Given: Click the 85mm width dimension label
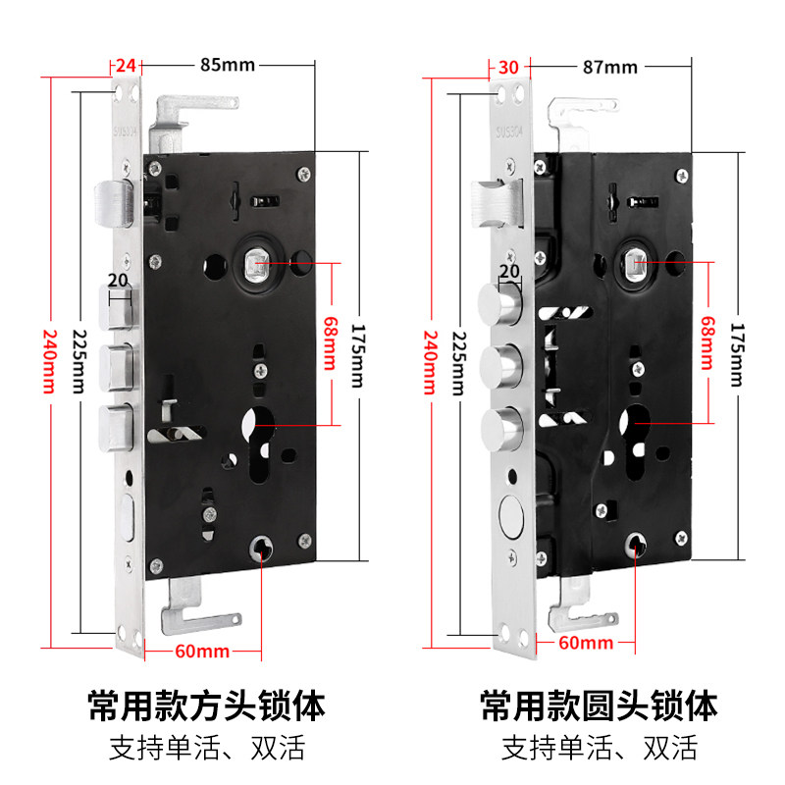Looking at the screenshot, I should [228, 67].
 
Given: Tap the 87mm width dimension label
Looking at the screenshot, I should [609, 67].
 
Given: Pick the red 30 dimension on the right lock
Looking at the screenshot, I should [507, 67].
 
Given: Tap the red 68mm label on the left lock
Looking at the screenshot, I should [330, 340].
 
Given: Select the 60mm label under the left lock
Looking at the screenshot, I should [201, 651].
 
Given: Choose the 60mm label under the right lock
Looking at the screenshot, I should [585, 644].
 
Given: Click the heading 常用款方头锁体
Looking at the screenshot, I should [206, 705].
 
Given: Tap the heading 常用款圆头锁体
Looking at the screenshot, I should [599, 705].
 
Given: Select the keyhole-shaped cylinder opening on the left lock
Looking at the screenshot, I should [260, 437].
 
